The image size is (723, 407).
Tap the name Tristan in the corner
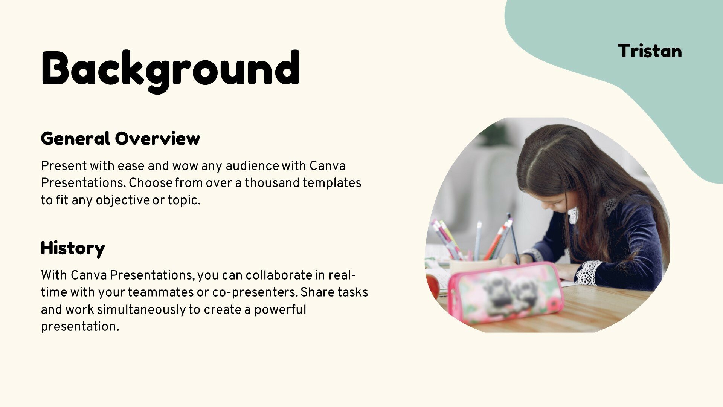pos(650,51)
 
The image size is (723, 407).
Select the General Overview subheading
pos(120,138)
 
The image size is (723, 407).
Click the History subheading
pos(73,248)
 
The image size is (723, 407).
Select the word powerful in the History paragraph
pos(280,310)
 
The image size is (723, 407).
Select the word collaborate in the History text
pos(279,275)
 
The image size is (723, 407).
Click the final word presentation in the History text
pos(80,327)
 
